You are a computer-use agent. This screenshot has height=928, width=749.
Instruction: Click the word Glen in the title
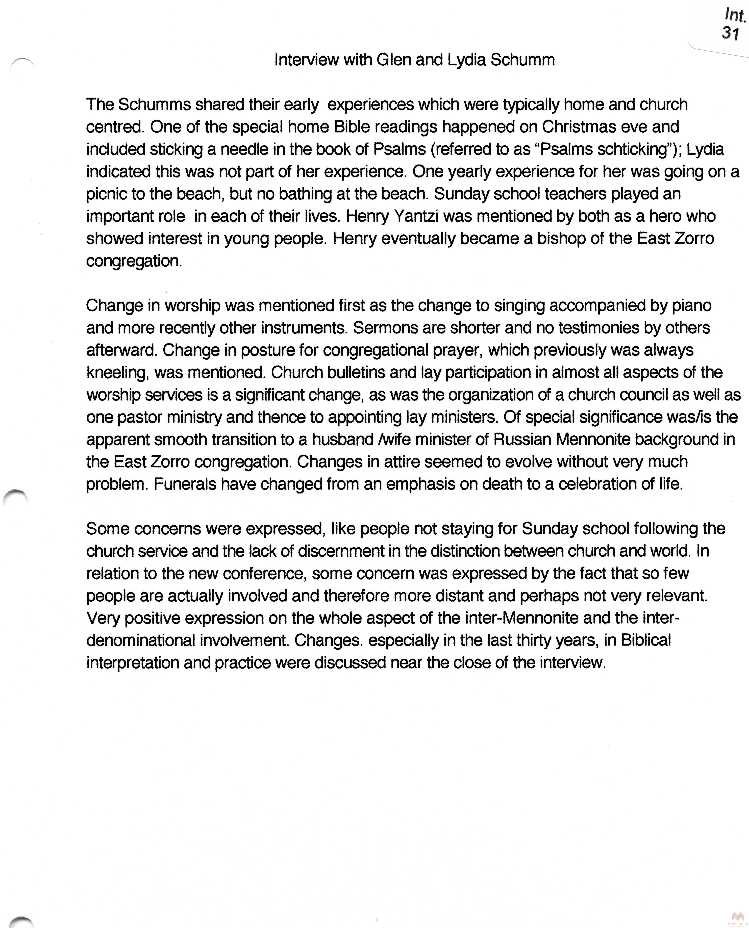point(393,60)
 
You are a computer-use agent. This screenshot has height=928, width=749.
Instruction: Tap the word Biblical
point(646,640)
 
